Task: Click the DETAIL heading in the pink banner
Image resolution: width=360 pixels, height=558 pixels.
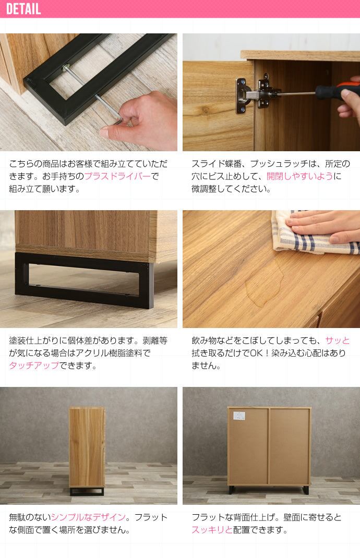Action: tap(23, 9)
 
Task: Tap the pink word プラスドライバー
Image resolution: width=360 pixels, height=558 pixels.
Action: tap(117, 176)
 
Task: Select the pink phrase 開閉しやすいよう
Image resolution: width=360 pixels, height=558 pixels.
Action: tap(300, 176)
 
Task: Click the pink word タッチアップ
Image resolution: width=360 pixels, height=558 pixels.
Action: tap(34, 366)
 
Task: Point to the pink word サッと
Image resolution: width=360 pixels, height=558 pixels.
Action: tap(337, 341)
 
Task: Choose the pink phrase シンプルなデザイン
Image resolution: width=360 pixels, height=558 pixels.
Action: tap(88, 517)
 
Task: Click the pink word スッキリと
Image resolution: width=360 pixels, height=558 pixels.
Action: tap(212, 530)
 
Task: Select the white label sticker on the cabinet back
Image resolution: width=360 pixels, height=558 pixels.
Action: tap(239, 416)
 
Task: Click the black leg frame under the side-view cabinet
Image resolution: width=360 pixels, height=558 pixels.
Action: tap(87, 491)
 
